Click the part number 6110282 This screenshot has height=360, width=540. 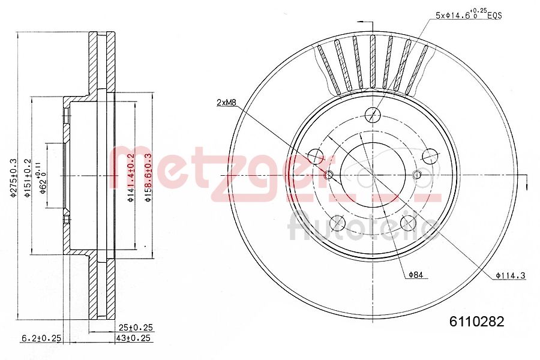click(x=477, y=321)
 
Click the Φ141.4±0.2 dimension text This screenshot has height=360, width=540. click(x=130, y=178)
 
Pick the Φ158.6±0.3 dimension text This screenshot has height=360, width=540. click(x=148, y=178)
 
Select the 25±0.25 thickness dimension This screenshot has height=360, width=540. click(x=136, y=327)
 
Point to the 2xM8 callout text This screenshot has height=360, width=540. click(x=227, y=103)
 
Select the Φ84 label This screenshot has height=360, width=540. click(x=416, y=275)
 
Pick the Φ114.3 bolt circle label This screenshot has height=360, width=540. click(x=511, y=275)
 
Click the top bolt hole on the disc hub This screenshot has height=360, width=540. click(x=373, y=113)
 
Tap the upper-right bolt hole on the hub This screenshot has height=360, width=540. click(x=430, y=156)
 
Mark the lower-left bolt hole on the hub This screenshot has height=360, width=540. click(x=337, y=224)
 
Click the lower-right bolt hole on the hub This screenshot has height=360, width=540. click(x=408, y=224)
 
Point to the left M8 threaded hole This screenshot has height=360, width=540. click(x=328, y=175)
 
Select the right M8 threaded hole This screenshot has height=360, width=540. click(x=417, y=175)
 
